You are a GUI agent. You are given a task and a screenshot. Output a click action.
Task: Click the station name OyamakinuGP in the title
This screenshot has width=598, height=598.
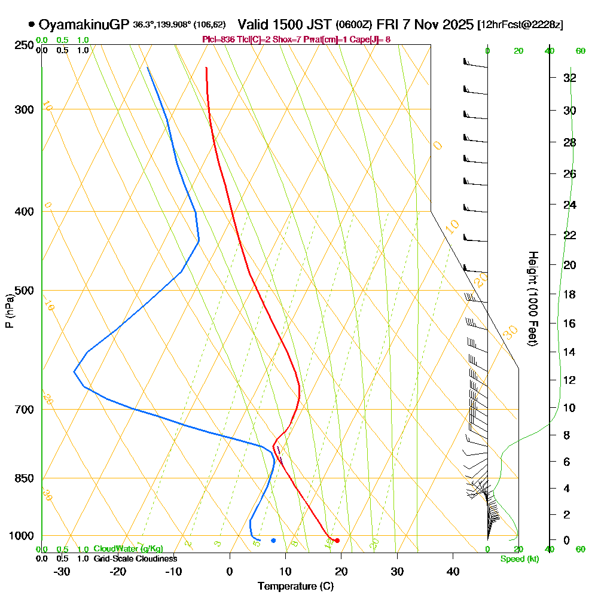84,25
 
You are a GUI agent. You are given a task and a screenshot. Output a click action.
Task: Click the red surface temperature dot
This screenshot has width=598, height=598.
337,541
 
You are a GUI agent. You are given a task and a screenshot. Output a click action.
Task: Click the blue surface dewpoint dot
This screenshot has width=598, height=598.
273,541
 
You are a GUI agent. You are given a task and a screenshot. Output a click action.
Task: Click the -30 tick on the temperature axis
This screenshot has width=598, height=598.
62,572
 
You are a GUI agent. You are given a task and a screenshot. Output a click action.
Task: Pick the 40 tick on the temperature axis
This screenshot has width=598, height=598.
453,572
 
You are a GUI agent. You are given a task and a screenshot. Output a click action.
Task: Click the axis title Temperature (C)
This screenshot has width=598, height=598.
295,587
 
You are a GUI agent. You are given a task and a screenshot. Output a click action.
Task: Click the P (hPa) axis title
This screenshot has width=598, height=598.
9,311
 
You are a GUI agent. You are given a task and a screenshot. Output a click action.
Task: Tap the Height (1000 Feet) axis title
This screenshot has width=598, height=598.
532,298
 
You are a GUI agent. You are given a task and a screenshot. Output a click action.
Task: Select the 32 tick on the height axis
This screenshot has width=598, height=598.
569,78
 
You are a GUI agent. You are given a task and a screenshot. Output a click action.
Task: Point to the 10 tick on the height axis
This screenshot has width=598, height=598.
569,408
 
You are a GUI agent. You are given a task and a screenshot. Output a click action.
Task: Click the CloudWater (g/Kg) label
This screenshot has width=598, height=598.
128,549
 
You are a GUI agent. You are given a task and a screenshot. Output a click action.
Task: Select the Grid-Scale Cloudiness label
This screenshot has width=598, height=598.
135,559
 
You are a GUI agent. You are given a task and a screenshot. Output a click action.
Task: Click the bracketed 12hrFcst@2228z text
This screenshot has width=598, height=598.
520,25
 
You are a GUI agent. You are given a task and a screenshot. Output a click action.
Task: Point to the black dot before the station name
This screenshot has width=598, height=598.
31,25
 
